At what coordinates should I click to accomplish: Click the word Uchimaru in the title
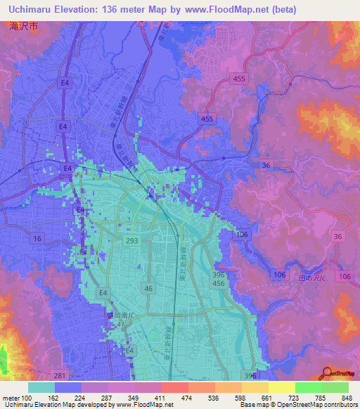pyautogui.click(x=34, y=10)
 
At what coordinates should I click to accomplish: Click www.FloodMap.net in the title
pyautogui.click(x=225, y=10)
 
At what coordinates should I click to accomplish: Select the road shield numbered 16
pyautogui.click(x=35, y=239)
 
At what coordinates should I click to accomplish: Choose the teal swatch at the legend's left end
pyautogui.click(x=41, y=387)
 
